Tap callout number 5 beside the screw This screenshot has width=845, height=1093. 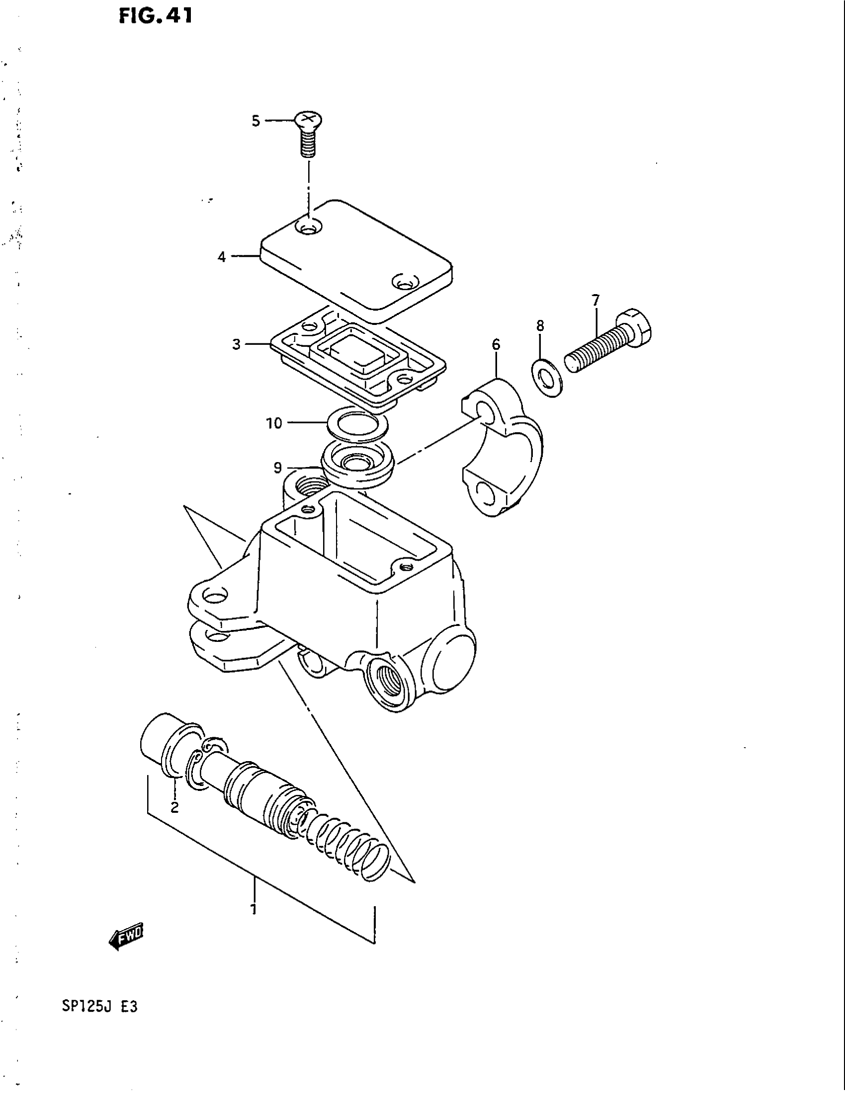pyautogui.click(x=256, y=121)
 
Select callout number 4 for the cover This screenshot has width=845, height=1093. pyautogui.click(x=222, y=257)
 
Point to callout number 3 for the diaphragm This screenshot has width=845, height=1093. pyautogui.click(x=236, y=344)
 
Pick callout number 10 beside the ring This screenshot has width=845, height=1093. pyautogui.click(x=274, y=423)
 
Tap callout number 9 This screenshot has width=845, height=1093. pyautogui.click(x=278, y=468)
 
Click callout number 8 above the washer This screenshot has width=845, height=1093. pyautogui.click(x=540, y=326)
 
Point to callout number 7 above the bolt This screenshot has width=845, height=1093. pyautogui.click(x=595, y=301)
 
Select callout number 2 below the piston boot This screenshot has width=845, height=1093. pyautogui.click(x=174, y=807)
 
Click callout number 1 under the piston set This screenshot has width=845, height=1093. pyautogui.click(x=254, y=908)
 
